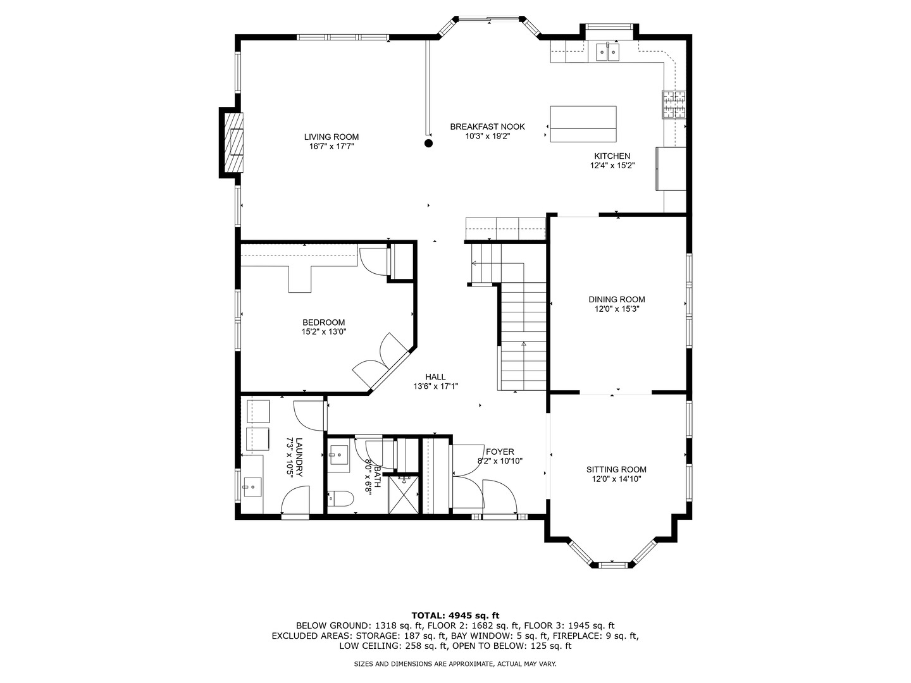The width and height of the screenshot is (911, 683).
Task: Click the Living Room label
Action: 332,137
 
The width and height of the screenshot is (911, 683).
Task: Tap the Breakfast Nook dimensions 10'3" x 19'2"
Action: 487,136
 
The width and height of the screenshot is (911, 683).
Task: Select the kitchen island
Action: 583,124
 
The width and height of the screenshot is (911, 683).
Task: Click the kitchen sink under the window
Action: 608,52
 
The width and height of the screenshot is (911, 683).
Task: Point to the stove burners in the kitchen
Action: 674,104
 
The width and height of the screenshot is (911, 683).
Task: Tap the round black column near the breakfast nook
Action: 428,144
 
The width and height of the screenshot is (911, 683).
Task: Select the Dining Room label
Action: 617,299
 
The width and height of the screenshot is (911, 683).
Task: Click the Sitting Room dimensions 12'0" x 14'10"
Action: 616,479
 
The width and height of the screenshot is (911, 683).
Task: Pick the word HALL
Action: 435,377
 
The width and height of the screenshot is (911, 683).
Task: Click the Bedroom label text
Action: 324,323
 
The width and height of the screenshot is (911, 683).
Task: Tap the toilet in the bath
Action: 340,499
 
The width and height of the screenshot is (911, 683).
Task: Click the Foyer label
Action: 500,452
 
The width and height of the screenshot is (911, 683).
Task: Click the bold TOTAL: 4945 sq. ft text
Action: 455,615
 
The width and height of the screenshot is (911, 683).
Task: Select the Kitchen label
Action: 612,156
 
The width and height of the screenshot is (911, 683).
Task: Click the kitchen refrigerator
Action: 671,169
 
